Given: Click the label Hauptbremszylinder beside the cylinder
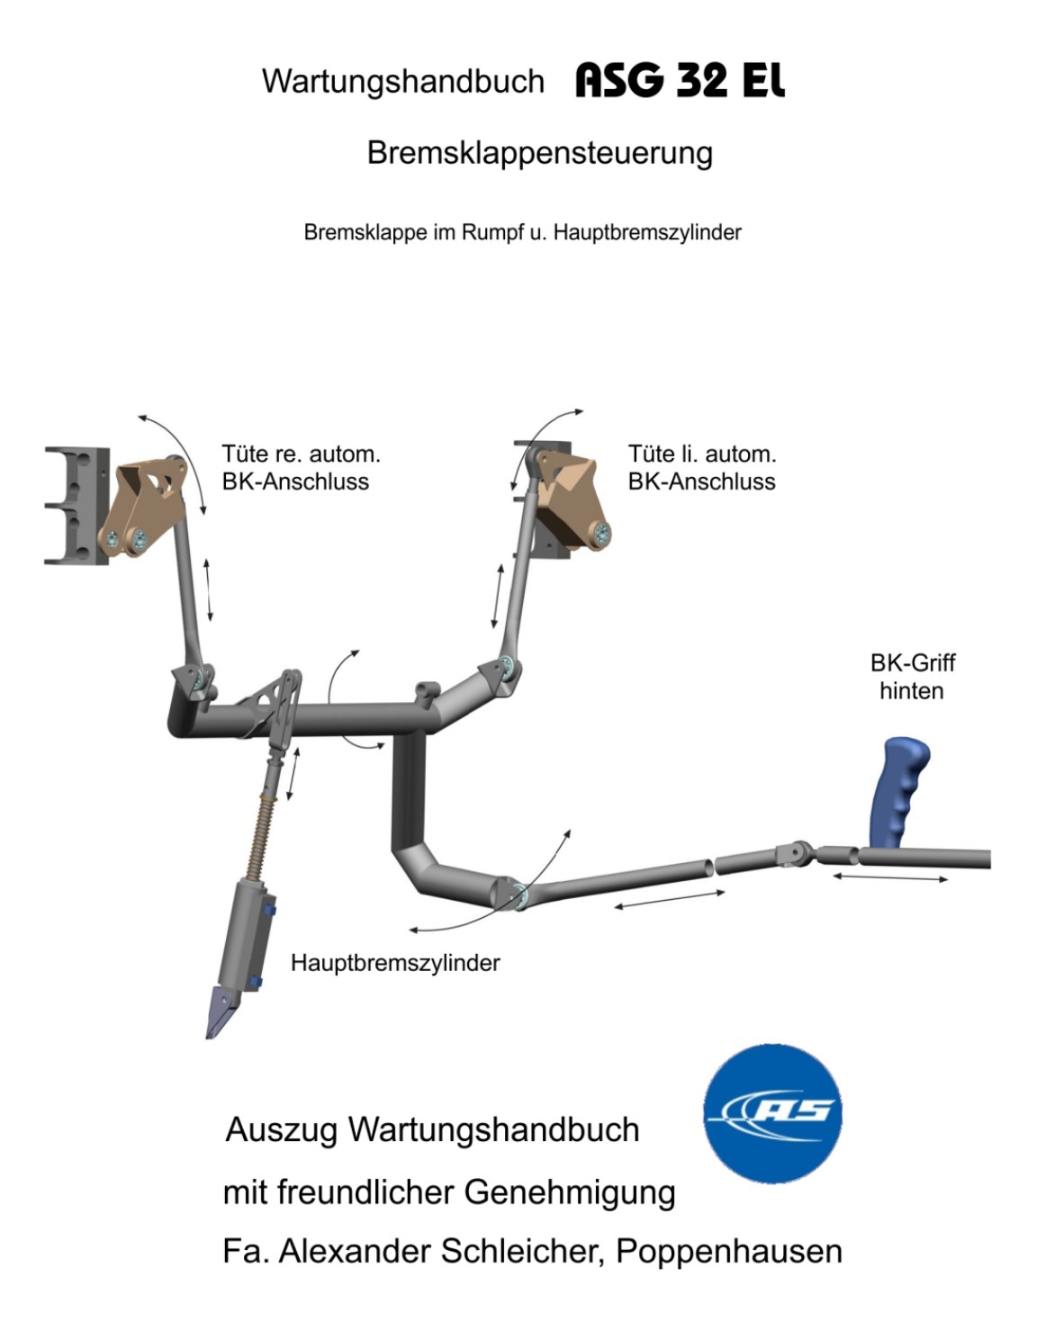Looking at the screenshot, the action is [x=395, y=963].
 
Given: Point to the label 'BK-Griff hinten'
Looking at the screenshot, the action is [x=913, y=677].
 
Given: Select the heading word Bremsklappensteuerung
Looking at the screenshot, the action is [x=540, y=153].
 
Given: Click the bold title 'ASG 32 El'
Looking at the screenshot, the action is [x=681, y=81].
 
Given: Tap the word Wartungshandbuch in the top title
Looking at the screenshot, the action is [x=403, y=82].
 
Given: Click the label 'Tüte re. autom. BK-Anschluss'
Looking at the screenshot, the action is [x=302, y=468].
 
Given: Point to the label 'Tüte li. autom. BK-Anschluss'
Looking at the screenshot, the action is [x=702, y=468].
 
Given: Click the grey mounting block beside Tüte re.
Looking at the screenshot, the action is [x=77, y=506].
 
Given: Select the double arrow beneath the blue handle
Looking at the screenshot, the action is [x=890, y=877].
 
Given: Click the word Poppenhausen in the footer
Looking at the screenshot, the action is [x=729, y=1252].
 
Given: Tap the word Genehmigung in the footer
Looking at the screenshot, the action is [x=570, y=1193].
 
